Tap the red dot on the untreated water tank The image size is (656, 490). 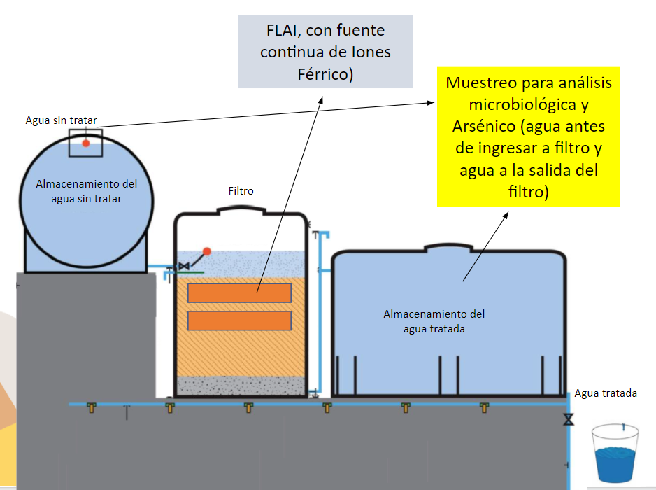86,143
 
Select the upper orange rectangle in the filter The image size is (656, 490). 239,293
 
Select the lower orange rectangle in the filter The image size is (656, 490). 239,320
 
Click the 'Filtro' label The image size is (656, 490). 241,190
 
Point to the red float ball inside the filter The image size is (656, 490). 206,251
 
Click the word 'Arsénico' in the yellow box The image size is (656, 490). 483,127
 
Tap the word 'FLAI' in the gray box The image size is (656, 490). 280,31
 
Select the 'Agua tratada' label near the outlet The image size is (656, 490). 606,393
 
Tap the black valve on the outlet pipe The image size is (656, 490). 568,420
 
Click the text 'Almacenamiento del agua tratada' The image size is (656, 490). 434,321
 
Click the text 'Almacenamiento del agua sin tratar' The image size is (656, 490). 87,191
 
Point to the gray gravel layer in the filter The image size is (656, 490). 239,386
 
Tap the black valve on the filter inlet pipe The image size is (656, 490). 184,266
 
